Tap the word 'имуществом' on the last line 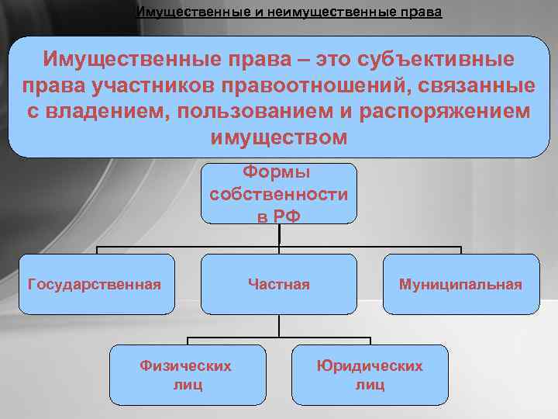click(279, 137)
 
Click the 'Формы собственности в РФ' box click(279, 194)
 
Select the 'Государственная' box click(95, 285)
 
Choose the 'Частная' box click(279, 285)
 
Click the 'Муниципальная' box click(460, 285)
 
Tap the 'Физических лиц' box click(186, 375)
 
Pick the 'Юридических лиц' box click(370, 375)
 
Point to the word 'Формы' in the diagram click(278, 171)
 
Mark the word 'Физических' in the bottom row click(186, 365)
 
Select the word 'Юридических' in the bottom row click(370, 365)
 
